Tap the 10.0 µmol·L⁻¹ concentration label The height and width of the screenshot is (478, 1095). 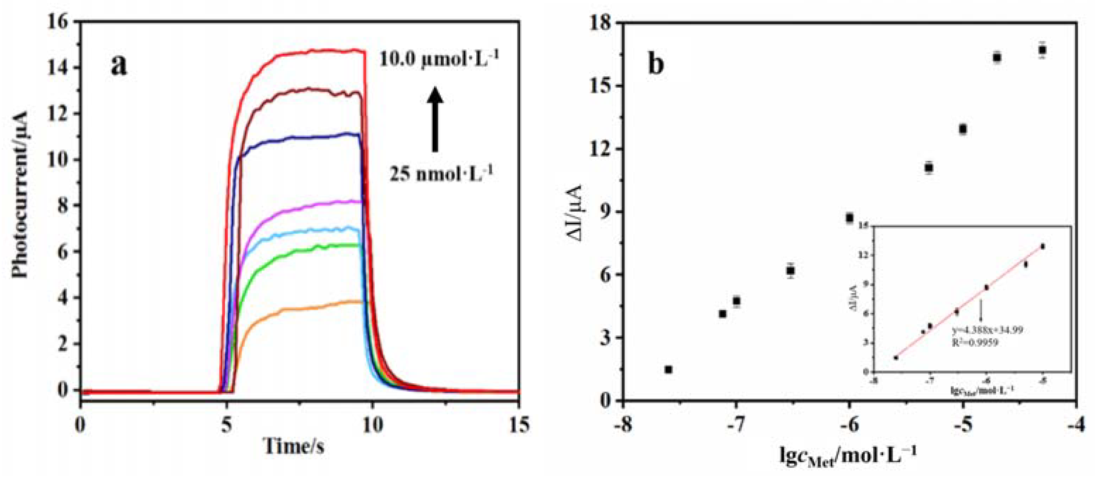pos(439,60)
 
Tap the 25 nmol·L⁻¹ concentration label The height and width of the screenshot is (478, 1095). pos(441,173)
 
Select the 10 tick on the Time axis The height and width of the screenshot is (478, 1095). pos(372,425)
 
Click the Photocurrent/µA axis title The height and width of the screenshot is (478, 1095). pos(20,194)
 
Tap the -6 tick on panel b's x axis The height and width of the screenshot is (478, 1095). pos(849,425)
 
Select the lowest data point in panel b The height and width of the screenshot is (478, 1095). pos(668,370)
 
